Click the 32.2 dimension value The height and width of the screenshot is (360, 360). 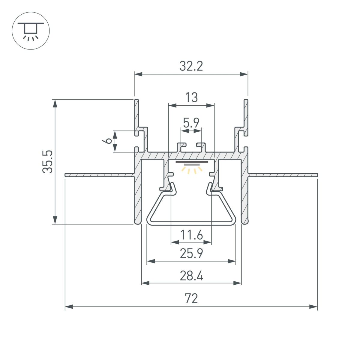click(x=191, y=66)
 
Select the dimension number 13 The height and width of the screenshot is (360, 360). click(x=191, y=98)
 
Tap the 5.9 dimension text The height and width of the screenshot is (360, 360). click(x=191, y=123)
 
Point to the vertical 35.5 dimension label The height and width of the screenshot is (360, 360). click(x=48, y=161)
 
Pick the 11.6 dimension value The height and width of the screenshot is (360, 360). click(x=191, y=235)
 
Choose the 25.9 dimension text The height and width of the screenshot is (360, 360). click(x=191, y=254)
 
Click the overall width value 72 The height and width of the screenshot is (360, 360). click(x=191, y=299)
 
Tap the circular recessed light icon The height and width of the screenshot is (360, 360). click(x=31, y=31)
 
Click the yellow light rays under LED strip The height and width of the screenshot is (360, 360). click(x=191, y=170)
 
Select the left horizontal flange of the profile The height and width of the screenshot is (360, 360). click(x=99, y=175)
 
